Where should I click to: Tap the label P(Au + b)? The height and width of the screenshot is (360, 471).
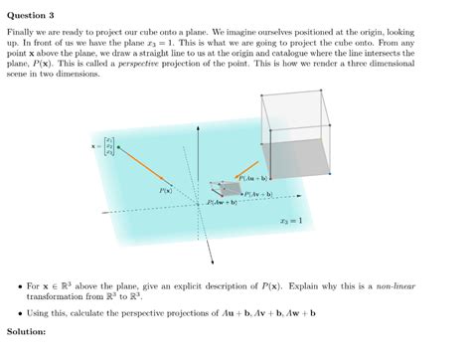click(256, 179)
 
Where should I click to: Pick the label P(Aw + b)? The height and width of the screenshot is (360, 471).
click(220, 203)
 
